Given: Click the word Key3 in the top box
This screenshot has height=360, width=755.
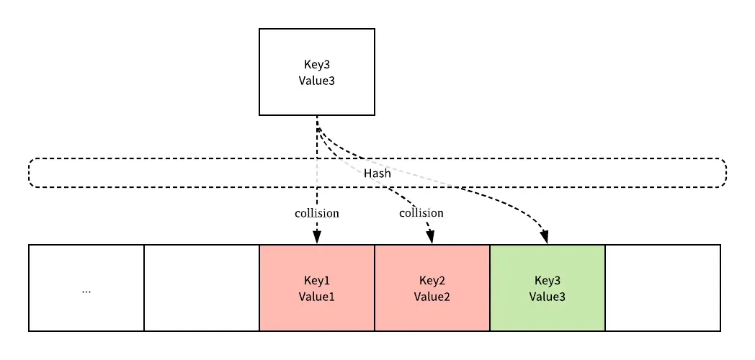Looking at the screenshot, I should [317, 64].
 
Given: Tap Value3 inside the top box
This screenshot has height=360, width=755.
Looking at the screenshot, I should [317, 80].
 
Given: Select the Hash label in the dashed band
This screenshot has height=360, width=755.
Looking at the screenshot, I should [377, 174].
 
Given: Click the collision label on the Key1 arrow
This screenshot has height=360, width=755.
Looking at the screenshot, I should [317, 213].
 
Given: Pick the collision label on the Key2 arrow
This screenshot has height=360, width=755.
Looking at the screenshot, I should [421, 213].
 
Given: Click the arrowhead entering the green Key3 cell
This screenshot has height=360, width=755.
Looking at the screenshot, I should [545, 238].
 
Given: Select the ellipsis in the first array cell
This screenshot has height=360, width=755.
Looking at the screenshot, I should [86, 290].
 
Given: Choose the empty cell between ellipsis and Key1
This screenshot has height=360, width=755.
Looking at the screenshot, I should [202, 288].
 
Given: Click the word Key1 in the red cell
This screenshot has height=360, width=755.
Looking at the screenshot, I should [317, 280].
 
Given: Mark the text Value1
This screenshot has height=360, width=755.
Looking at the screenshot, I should [317, 296].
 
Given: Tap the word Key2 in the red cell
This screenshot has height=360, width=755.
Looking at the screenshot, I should [432, 280].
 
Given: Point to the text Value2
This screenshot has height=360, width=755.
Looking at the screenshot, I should [432, 296].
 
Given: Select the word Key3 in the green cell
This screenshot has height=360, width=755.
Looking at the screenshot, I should [548, 280].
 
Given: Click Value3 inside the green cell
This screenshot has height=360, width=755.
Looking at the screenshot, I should [548, 296].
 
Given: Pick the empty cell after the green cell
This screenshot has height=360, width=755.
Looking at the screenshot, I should [663, 288].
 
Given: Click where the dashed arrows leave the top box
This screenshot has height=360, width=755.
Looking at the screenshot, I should [317, 117].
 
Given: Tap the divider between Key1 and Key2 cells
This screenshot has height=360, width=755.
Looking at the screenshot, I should [375, 288].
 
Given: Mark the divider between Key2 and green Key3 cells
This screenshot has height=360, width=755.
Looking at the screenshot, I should [490, 288].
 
